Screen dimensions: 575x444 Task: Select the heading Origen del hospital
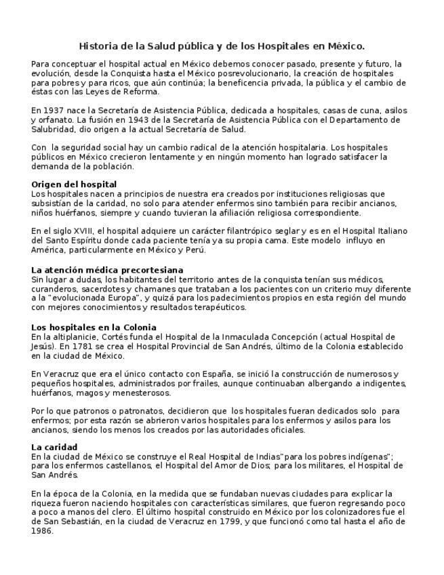[x=74, y=184]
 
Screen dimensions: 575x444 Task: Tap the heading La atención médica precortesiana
[x=107, y=270]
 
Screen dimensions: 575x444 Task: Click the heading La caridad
[x=54, y=447]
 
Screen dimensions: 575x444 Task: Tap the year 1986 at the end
[x=42, y=531]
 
